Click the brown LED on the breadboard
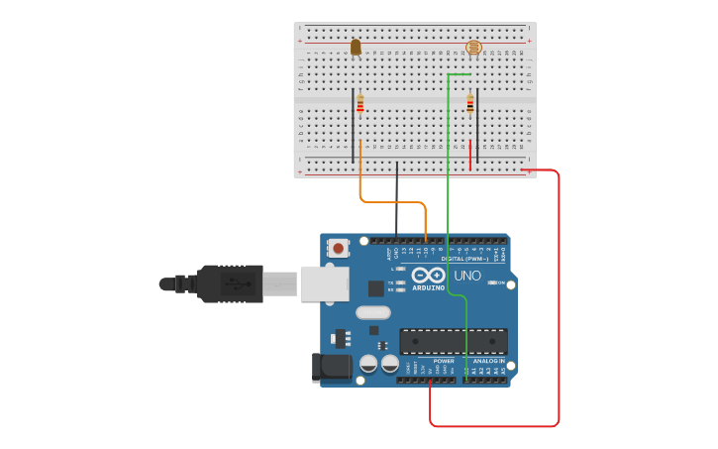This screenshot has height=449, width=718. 356,47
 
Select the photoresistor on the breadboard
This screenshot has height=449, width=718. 472,48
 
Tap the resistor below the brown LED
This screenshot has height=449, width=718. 360,103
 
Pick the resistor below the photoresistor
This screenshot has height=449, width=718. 470,104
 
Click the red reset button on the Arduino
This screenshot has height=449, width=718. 339,248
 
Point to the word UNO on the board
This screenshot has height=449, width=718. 466,275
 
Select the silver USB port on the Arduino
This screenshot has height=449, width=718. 325,282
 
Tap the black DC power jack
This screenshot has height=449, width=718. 331,367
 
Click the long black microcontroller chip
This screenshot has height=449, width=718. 453,341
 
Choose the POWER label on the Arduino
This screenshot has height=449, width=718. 443,361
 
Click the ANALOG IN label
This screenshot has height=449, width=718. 487,361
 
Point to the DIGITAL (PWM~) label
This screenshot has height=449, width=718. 470,260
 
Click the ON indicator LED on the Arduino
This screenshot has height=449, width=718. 493,282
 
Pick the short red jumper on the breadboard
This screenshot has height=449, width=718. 469,155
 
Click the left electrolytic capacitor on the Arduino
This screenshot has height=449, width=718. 368,364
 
